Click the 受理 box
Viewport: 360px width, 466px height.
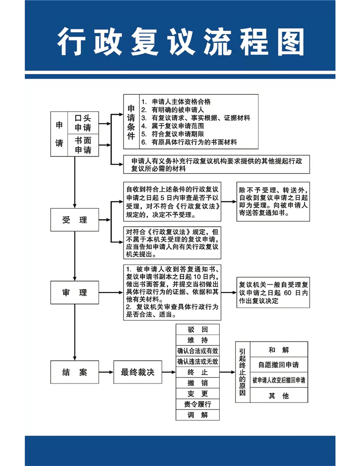pyautogui.click(x=75, y=220)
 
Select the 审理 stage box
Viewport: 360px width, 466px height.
pyautogui.click(x=75, y=293)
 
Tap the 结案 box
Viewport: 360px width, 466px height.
pyautogui.click(x=75, y=372)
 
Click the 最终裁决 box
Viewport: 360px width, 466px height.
pyautogui.click(x=138, y=372)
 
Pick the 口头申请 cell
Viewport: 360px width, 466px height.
pyautogui.click(x=83, y=123)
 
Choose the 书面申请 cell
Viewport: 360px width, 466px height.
pyautogui.click(x=83, y=145)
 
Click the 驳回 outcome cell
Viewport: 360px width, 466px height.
pyautogui.click(x=198, y=329)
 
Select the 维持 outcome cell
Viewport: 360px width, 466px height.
pyautogui.click(x=198, y=340)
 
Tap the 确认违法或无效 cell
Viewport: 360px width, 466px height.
pyautogui.click(x=198, y=361)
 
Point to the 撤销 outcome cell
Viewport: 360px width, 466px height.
pyautogui.click(x=198, y=383)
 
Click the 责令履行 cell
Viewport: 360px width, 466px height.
pyautogui.click(x=198, y=404)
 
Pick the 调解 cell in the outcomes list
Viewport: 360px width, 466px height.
pyautogui.click(x=198, y=415)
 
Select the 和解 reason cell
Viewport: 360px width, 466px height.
pyautogui.click(x=279, y=349)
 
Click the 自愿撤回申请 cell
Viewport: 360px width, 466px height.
pyautogui.click(x=279, y=365)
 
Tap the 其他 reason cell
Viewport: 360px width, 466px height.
pyautogui.click(x=279, y=395)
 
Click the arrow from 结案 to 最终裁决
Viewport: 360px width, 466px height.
pyautogui.click(x=106, y=372)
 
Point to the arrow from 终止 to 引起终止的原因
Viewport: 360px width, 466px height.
pyautogui.click(x=228, y=372)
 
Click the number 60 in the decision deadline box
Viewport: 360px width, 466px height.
pyautogui.click(x=288, y=293)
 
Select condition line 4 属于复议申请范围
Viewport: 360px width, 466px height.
pyautogui.click(x=172, y=126)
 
